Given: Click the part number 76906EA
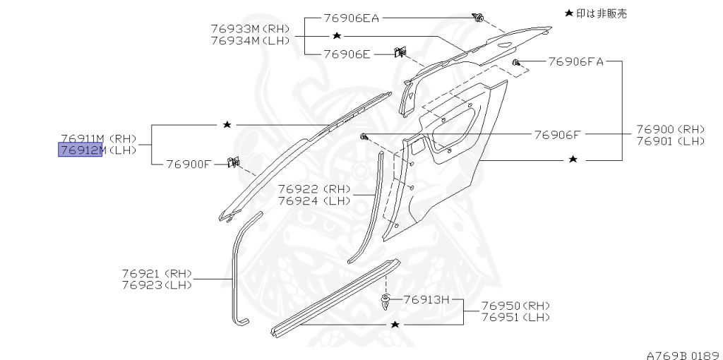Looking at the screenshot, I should tap(352, 18).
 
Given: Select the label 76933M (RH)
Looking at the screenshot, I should tap(250, 29).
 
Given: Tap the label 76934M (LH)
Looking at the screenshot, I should tap(250, 41).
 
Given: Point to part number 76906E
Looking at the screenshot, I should tap(347, 53).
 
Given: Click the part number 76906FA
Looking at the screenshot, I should tap(575, 61).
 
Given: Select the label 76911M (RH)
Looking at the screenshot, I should tap(97, 138).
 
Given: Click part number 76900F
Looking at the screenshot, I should tap(189, 164).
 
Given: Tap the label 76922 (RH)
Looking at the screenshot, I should tap(314, 188).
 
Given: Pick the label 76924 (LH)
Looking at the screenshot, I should tap(314, 200).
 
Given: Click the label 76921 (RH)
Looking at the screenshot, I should tap(156, 273).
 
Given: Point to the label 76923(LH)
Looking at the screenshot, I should tap(156, 284).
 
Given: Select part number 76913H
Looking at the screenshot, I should tap(426, 299).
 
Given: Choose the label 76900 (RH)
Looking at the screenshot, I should tap(670, 129).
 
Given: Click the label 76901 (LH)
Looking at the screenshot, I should tap(670, 141).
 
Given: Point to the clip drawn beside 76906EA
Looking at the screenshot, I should tap(479, 18).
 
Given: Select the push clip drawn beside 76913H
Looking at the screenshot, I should tap(385, 302).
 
